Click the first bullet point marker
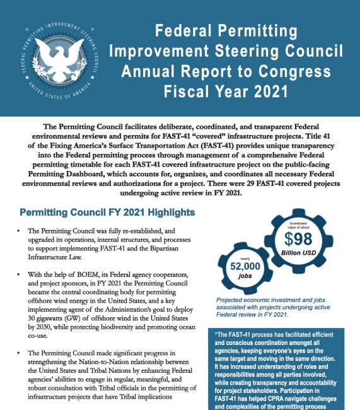21,232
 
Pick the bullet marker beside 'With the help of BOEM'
21,275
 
